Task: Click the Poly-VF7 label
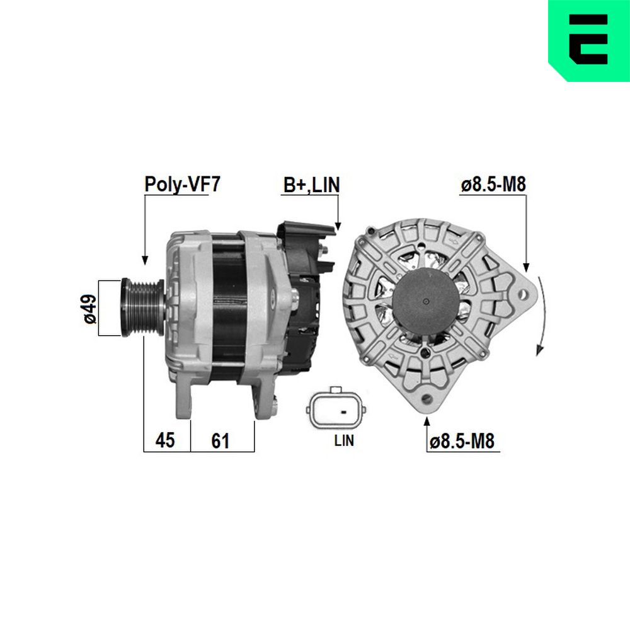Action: click(183, 184)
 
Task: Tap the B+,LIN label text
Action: click(311, 185)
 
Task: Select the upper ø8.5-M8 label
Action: click(493, 185)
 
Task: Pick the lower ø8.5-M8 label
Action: click(462, 441)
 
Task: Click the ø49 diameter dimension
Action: click(90, 308)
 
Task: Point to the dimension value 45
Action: click(165, 440)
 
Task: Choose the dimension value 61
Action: click(220, 441)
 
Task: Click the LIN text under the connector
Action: click(344, 440)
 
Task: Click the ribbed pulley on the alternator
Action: click(142, 307)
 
